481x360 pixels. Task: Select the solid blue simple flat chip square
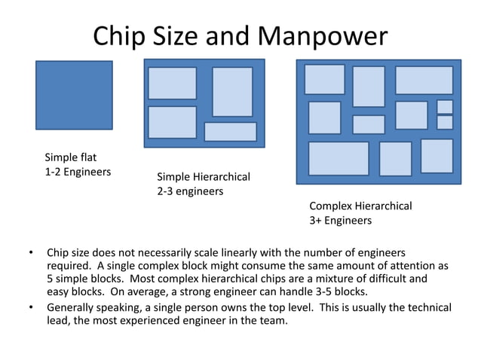tap(74, 95)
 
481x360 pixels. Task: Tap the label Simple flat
tap(71, 157)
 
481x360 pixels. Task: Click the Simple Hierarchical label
tap(203, 177)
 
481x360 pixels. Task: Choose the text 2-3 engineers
tap(190, 191)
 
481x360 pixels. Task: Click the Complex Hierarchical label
tap(360, 206)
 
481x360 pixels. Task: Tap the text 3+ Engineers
tap(341, 221)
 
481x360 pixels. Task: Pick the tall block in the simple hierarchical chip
tap(232, 92)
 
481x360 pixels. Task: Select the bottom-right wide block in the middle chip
tap(230, 132)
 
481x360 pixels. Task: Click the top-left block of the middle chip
tap(172, 83)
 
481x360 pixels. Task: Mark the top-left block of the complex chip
tap(324, 79)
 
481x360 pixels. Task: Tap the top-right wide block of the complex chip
tap(424, 80)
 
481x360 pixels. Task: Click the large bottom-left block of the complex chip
tap(339, 158)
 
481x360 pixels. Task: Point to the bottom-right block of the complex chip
tap(437, 155)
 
